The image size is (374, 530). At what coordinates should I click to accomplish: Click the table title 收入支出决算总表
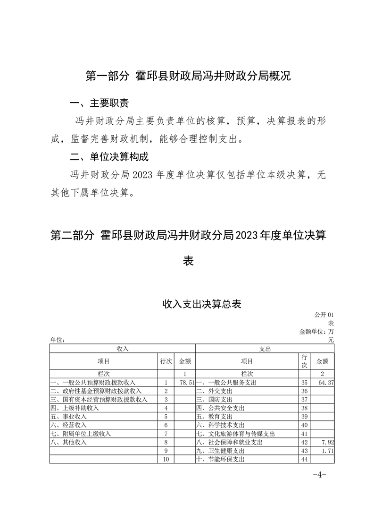[x=201, y=304]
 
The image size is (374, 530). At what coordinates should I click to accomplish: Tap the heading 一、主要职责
[x=99, y=103]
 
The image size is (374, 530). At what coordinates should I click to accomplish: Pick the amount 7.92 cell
[x=327, y=443]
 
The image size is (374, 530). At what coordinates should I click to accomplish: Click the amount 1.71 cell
[x=327, y=451]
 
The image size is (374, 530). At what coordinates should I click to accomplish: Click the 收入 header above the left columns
[x=122, y=348]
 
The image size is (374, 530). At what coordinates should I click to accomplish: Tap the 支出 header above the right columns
[x=265, y=348]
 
